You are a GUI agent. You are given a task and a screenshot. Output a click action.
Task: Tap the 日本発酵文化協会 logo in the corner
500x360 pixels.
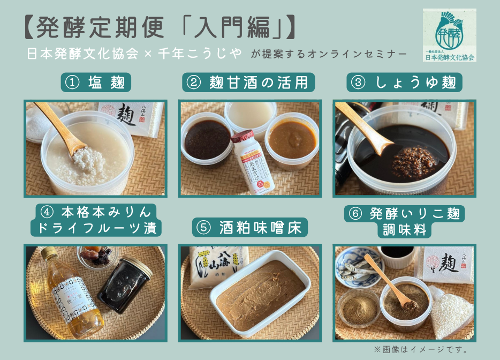449,35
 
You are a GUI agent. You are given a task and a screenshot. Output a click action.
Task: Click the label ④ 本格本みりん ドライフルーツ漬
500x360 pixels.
96,220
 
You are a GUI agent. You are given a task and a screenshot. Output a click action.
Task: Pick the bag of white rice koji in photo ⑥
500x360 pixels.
451,308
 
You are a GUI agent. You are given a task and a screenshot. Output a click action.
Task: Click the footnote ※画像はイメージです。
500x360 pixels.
421,349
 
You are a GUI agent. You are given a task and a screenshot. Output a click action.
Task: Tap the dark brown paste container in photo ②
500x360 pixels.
207,140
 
